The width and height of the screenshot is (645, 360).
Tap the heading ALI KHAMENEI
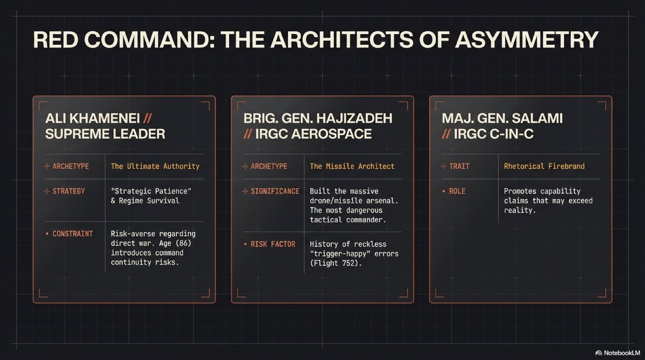(89, 118)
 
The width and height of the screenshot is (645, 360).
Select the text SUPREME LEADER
(105, 134)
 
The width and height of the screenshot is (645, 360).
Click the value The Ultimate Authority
(155, 166)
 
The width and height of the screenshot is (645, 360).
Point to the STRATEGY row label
(69, 191)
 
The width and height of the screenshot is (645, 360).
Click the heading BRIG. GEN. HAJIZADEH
(317, 118)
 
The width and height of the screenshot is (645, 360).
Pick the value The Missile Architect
(352, 166)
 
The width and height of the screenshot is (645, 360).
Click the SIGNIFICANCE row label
(275, 191)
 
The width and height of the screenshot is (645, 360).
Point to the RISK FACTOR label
(273, 244)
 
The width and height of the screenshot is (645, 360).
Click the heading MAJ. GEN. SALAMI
(501, 118)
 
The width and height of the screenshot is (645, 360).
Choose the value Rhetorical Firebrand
(544, 166)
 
